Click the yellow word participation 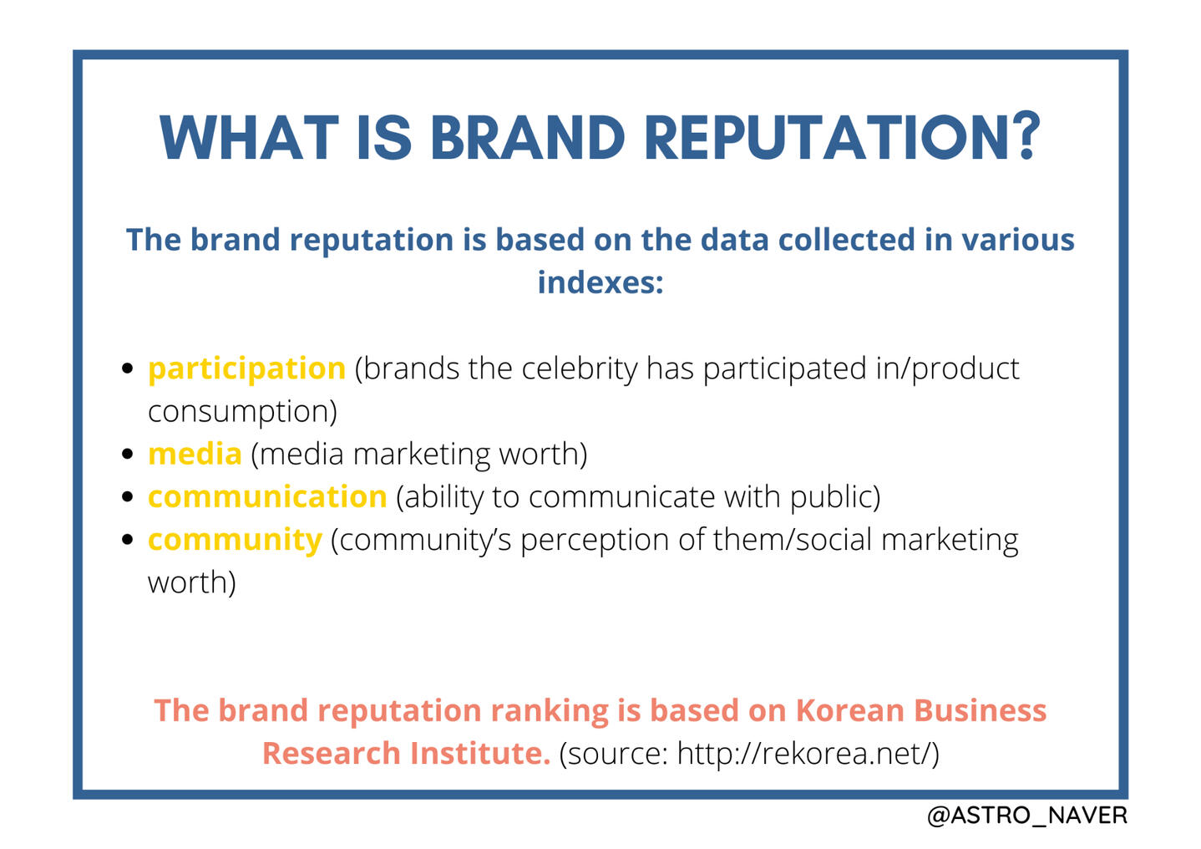click(x=246, y=369)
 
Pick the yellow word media click(x=195, y=454)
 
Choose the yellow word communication click(x=267, y=496)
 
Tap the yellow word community click(x=235, y=541)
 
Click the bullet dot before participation click(x=127, y=369)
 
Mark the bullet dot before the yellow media click(x=127, y=454)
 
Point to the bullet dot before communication click(x=127, y=496)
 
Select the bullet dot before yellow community click(x=127, y=539)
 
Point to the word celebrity click(x=580, y=369)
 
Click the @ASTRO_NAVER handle click(x=1027, y=816)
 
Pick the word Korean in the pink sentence click(x=850, y=710)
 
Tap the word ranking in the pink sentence click(x=550, y=712)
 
